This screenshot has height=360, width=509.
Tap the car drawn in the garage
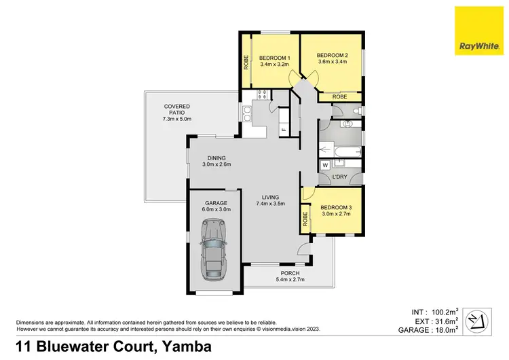pos(215,253)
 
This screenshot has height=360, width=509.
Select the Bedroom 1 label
pos(274,58)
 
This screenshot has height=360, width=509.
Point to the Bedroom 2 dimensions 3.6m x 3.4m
pos(333,62)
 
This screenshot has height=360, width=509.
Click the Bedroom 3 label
pos(335,207)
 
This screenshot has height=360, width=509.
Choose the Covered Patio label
pos(177,107)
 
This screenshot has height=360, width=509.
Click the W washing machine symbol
pos(325,164)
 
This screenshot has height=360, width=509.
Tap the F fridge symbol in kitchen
pos(284,129)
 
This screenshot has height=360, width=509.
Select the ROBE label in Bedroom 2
pos(340,97)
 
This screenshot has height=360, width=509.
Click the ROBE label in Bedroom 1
pos(246,62)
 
